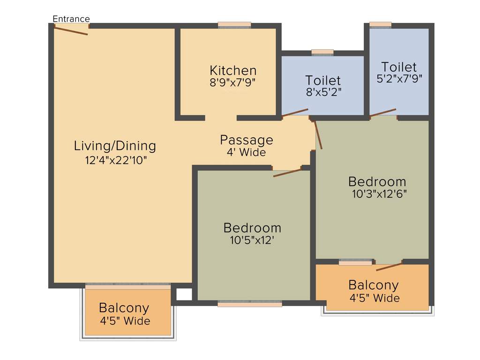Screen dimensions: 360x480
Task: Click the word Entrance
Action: pos(71,19)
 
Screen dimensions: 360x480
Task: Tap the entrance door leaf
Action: pos(71,30)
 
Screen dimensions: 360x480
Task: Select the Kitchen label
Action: pos(233,71)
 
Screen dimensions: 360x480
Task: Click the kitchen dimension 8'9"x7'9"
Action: pos(233,82)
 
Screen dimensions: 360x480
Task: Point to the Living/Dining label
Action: pos(115,146)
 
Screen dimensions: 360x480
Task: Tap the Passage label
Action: pos(247,140)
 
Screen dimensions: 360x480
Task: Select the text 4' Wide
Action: pos(247,152)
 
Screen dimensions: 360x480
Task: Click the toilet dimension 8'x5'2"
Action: pos(323,92)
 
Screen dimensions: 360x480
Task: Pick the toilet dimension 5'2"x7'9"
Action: pos(399,79)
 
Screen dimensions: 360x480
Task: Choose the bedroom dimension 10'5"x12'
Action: pos(252,240)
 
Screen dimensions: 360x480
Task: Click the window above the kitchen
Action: pos(234,25)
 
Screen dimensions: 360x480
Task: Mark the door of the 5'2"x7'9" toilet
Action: pos(383,112)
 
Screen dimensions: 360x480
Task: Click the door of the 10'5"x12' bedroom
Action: pos(287,172)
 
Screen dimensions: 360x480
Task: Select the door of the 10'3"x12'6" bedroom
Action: pos(318,135)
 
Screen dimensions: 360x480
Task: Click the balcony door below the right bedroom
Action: pos(389,267)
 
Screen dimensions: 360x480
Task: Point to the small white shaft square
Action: pos(184,294)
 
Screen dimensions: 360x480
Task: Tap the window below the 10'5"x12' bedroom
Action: pos(250,304)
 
